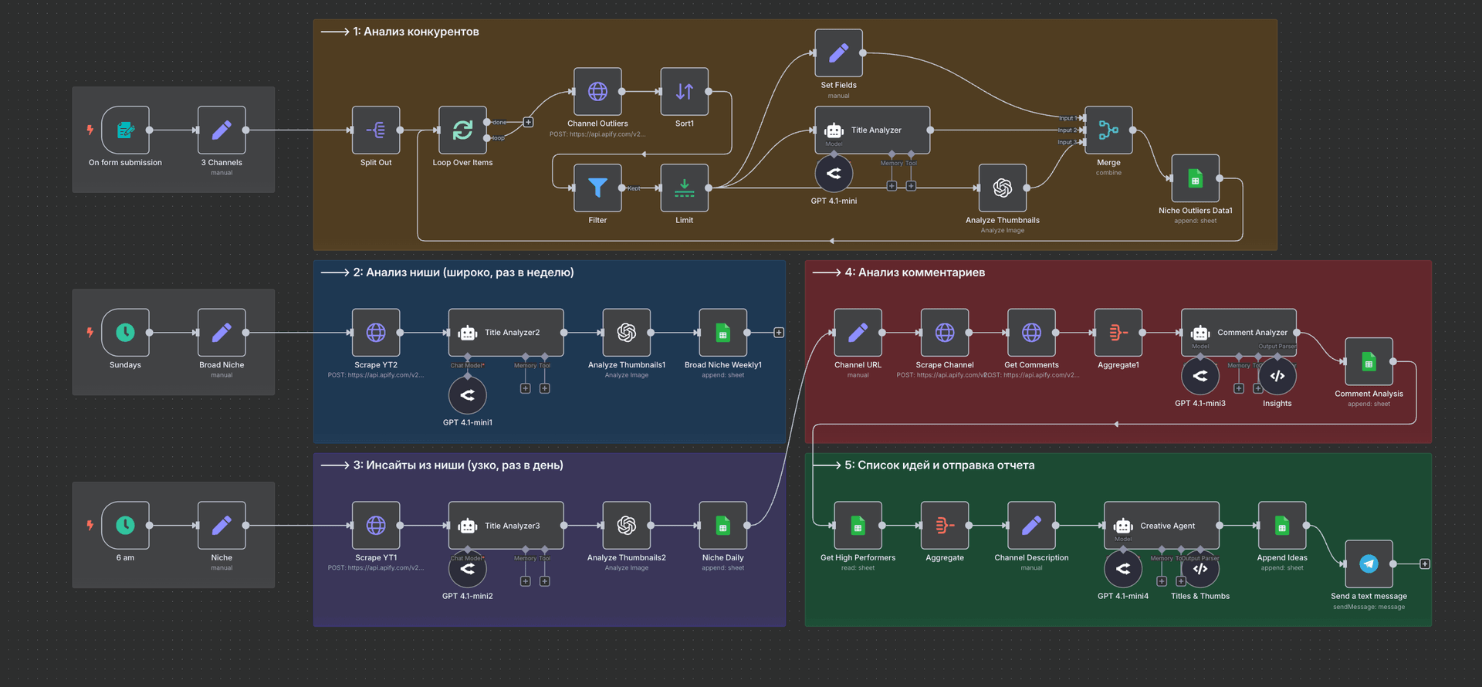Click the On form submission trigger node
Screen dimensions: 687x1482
pyautogui.click(x=125, y=130)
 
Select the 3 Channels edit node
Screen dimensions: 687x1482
pyautogui.click(x=222, y=130)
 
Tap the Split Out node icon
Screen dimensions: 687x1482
pyautogui.click(x=376, y=130)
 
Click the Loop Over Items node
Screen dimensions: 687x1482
pyautogui.click(x=462, y=130)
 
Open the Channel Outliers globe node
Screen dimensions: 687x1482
pyautogui.click(x=597, y=91)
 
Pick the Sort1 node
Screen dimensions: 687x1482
pyautogui.click(x=684, y=91)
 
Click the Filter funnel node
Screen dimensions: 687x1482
pyautogui.click(x=597, y=188)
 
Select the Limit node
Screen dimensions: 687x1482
pyautogui.click(x=684, y=188)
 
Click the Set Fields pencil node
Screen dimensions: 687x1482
pyautogui.click(x=838, y=52)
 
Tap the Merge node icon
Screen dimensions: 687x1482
pyautogui.click(x=1108, y=130)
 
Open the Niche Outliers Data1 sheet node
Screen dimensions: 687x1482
pyautogui.click(x=1195, y=178)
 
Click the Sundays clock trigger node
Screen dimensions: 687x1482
pyautogui.click(x=125, y=332)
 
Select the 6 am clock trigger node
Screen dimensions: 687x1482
pyautogui.click(x=125, y=525)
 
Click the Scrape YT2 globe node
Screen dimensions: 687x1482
pyautogui.click(x=376, y=332)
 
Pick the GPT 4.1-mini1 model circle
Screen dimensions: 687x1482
pyautogui.click(x=467, y=395)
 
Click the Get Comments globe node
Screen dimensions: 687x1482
pyautogui.click(x=1031, y=332)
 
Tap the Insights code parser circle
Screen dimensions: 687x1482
pyautogui.click(x=1277, y=376)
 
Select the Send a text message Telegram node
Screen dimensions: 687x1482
pyautogui.click(x=1369, y=563)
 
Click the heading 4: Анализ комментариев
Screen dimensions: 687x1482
pyautogui.click(x=914, y=272)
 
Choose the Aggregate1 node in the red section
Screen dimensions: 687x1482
pyautogui.click(x=1118, y=332)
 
